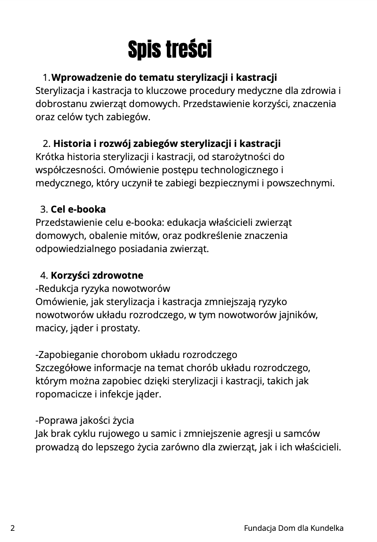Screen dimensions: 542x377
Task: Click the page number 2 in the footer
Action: pos(13,528)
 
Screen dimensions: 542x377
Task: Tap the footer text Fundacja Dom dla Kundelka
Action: pos(293,528)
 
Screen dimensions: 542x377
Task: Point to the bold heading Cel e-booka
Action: pos(78,210)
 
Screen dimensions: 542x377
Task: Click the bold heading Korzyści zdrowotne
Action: pos(97,276)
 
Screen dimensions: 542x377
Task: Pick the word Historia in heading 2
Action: pos(72,144)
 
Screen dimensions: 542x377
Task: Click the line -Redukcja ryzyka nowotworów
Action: pos(103,289)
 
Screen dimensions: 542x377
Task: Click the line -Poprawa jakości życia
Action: pos(85,421)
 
